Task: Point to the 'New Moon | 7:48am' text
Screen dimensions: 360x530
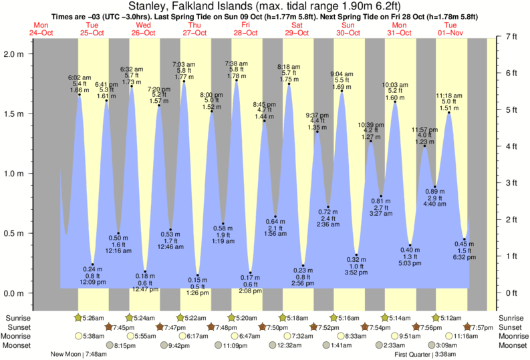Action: [x=79, y=355]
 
